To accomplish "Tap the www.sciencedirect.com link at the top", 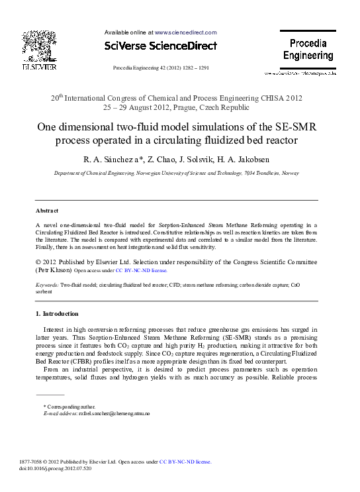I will coord(185,32).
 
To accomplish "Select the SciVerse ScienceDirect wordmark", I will coord(161,46).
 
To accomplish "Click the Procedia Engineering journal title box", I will coord(308,50).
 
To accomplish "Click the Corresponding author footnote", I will coord(69,406).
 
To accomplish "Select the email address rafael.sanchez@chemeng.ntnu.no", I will coord(114,413).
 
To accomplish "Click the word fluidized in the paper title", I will coord(226,140).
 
